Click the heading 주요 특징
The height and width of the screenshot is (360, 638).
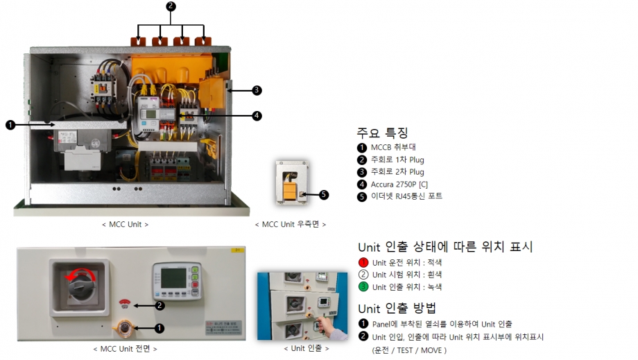[382, 132]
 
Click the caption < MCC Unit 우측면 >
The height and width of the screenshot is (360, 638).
[290, 224]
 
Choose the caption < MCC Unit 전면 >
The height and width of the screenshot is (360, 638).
[125, 348]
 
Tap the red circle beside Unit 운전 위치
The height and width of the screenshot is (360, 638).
[363, 262]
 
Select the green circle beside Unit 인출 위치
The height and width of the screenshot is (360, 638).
[363, 286]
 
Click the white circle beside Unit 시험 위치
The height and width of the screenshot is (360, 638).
[363, 275]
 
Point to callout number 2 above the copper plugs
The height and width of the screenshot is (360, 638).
[171, 6]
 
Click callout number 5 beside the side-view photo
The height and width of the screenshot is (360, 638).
[325, 195]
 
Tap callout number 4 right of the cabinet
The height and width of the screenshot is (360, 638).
[257, 116]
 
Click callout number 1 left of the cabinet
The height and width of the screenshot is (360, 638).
[10, 125]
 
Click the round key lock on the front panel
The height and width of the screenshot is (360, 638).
[126, 326]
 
